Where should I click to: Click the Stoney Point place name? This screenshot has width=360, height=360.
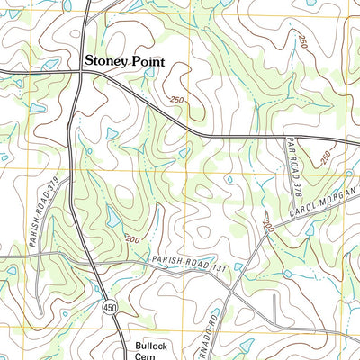pos(127,61)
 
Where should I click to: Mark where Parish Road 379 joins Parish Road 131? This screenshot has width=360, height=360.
pos(40,255)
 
